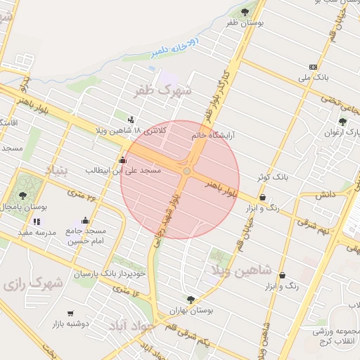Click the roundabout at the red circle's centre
tap(186, 171)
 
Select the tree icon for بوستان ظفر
tap(245, 12)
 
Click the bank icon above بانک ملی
tap(313, 67)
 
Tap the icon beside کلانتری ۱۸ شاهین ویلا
tap(131, 120)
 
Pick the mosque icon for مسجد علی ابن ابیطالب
tap(123, 160)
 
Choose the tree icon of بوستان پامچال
tap(22, 195)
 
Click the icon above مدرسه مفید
tap(37, 222)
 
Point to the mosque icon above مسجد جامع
tap(86, 220)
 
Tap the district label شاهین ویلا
tap(237, 269)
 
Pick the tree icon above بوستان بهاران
tap(190, 300)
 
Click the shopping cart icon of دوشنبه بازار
tap(70, 313)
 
